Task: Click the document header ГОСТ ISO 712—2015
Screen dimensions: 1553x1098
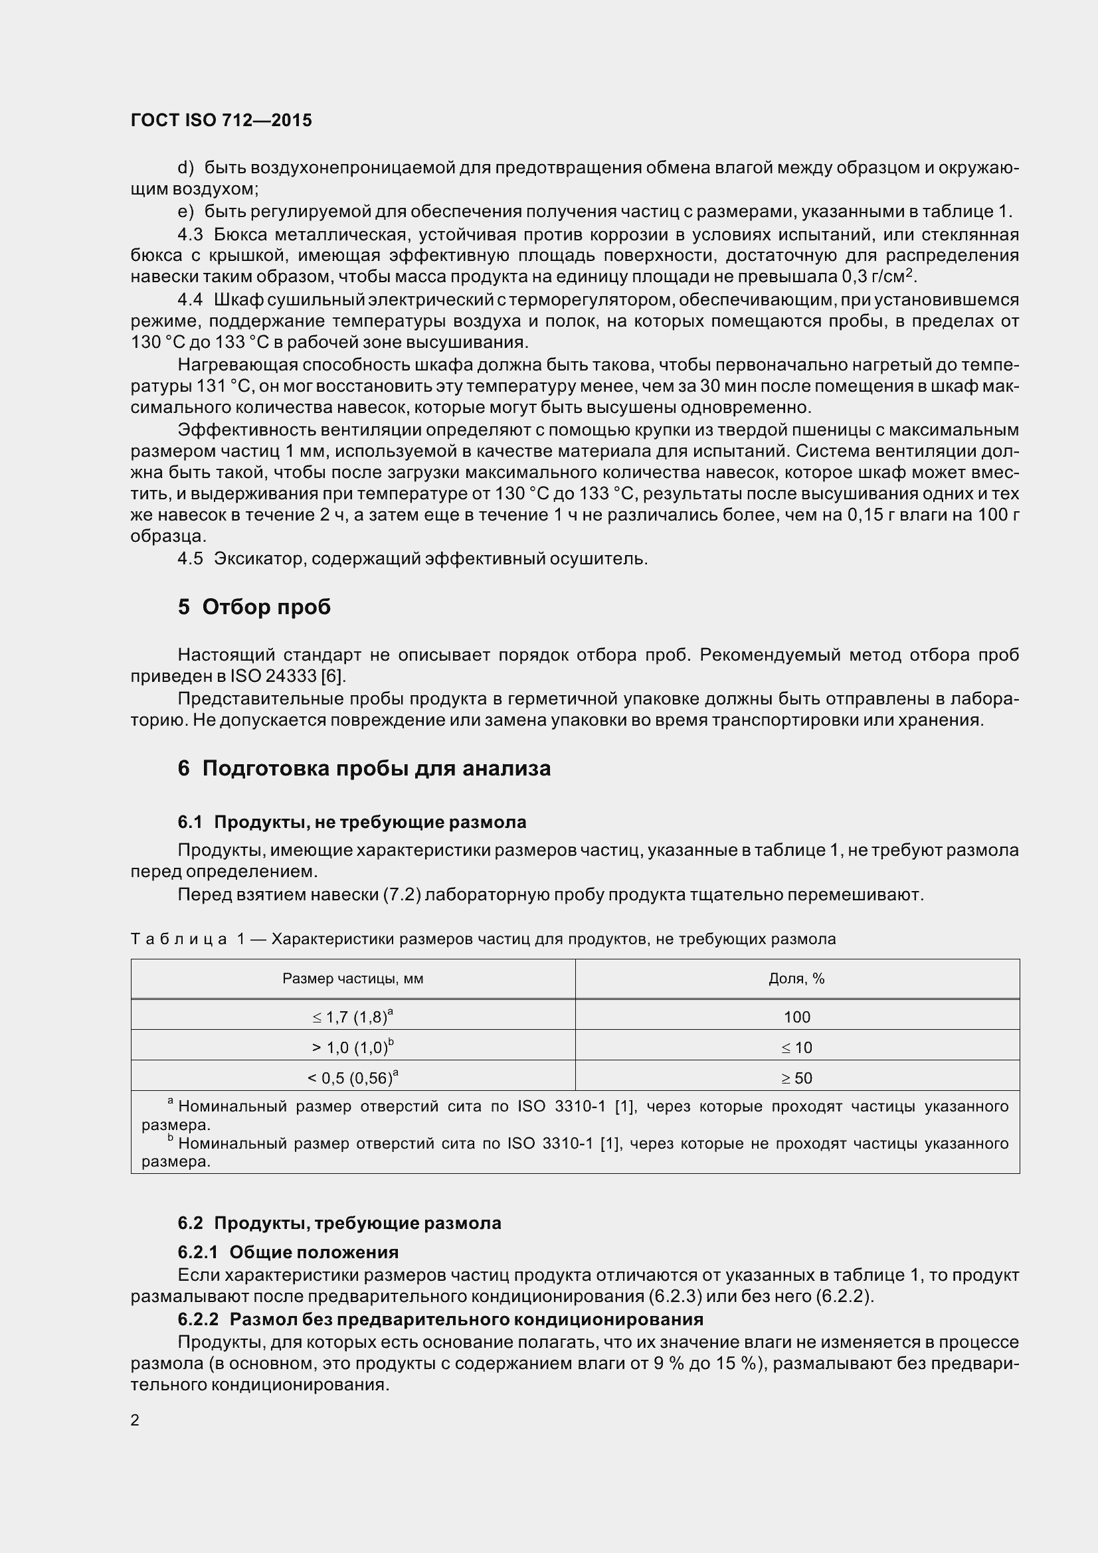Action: coord(221,120)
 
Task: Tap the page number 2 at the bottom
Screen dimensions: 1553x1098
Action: coord(135,1420)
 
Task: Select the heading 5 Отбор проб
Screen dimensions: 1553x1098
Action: coord(254,607)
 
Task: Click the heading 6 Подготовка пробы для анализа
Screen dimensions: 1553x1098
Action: coord(364,768)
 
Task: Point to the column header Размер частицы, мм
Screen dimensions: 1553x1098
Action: coord(353,979)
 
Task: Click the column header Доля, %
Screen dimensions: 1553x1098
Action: coord(796,979)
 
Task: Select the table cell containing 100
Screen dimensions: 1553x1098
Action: coord(796,1017)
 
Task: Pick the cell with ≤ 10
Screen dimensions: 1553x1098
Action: coord(796,1048)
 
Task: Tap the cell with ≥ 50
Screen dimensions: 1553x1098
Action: coord(796,1078)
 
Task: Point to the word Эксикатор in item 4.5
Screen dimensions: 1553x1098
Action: coord(260,558)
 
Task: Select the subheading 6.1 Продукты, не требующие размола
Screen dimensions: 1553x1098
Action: coord(352,822)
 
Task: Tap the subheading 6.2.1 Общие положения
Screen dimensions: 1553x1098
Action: coord(288,1252)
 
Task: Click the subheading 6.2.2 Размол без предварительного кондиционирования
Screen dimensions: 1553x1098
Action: coord(440,1319)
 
